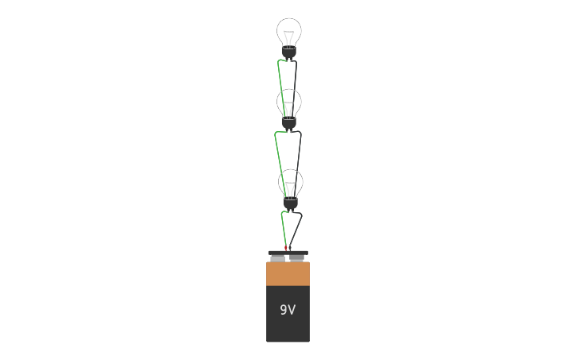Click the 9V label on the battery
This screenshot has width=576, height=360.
point(288,310)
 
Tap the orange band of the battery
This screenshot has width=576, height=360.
point(288,274)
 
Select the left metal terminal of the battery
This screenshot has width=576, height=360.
point(277,258)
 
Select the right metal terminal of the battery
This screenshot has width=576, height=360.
point(297,258)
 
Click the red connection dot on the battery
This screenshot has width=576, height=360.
point(286,248)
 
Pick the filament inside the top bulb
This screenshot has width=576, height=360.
point(289,36)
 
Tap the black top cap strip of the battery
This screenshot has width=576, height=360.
point(288,253)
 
